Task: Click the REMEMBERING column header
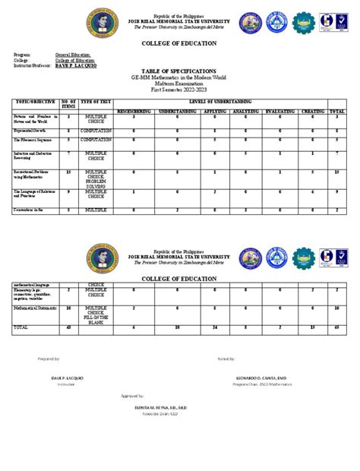(x=134, y=110)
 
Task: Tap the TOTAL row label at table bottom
(x=21, y=327)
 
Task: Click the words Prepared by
(x=48, y=356)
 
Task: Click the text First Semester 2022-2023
(x=179, y=90)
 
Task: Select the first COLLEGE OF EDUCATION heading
(x=179, y=44)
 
